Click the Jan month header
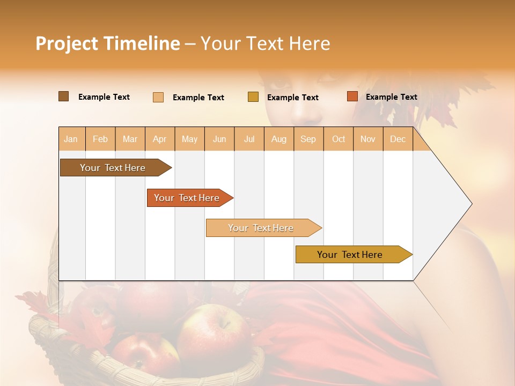click(71, 139)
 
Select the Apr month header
click(160, 139)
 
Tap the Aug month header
click(279, 139)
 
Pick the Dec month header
click(398, 139)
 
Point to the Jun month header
click(219, 139)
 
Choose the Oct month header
click(339, 139)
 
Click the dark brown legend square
click(63, 96)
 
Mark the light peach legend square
click(158, 97)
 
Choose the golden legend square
click(253, 97)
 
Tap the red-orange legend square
click(352, 96)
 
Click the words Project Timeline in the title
click(108, 43)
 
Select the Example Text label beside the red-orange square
click(391, 97)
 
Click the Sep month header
click(308, 139)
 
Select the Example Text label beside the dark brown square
click(104, 97)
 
